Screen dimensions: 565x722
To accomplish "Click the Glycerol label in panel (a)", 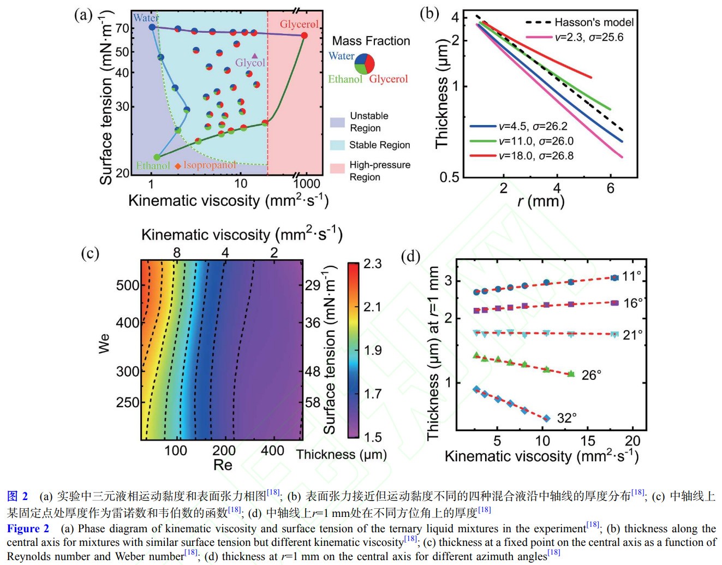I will click(299, 24).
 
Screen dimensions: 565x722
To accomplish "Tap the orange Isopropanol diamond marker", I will click(178, 165).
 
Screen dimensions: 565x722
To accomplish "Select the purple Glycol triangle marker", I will click(255, 56).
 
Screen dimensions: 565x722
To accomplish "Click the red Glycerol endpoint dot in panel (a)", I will click(305, 35).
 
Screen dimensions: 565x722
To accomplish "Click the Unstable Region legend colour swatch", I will click(337, 122).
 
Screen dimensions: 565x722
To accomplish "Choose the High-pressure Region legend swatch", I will click(337, 168).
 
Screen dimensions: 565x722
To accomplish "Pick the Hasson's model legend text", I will click(594, 22).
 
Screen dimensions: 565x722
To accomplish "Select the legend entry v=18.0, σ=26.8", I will click(536, 156).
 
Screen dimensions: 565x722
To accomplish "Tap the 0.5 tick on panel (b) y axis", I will click(450, 177).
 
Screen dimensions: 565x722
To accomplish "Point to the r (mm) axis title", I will click(540, 202).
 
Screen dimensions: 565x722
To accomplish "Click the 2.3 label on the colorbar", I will click(372, 264).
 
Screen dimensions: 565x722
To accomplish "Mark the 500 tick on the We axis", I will click(128, 285).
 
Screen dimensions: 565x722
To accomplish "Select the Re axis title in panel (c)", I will click(223, 465).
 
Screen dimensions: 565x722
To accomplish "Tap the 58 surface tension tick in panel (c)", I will click(313, 402).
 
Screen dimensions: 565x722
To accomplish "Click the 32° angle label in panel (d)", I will click(566, 418).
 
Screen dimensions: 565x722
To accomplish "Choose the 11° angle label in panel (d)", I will click(631, 276).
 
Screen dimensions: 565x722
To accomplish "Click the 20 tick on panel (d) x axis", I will click(632, 441).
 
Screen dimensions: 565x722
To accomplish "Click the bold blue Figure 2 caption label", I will click(28, 528).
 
